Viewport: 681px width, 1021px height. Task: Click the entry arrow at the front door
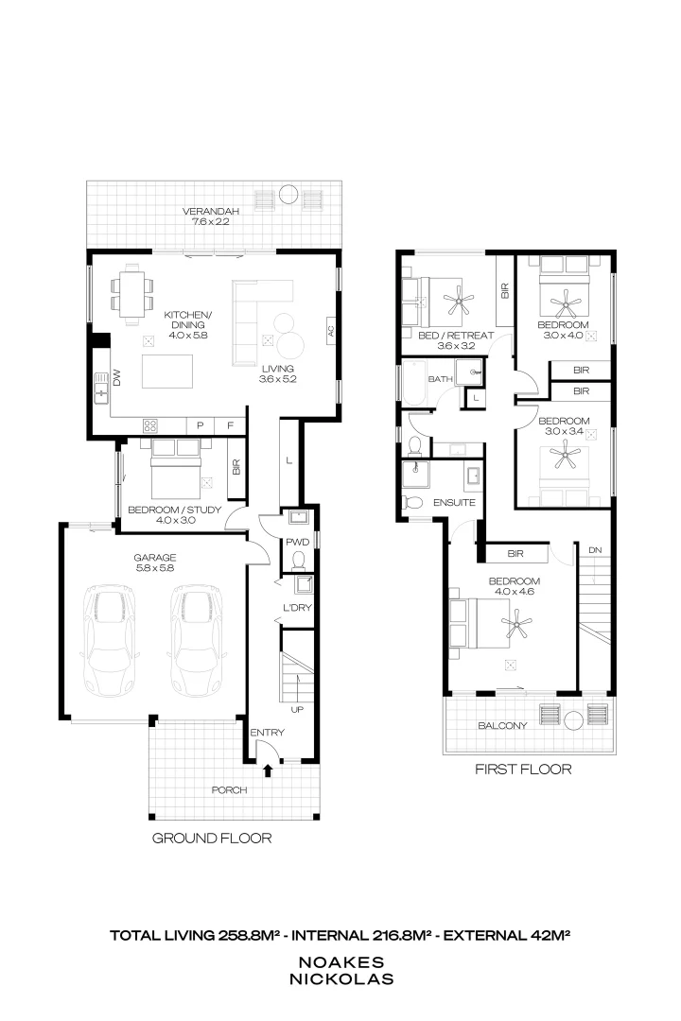(x=268, y=771)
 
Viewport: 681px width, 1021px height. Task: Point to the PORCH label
(x=230, y=789)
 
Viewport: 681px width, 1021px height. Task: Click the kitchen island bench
(x=168, y=372)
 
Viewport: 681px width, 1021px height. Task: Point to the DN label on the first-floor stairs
(x=594, y=549)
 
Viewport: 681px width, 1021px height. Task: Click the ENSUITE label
(x=454, y=503)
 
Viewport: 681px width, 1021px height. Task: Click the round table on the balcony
(x=573, y=721)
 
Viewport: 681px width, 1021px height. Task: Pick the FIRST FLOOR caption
(x=523, y=770)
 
